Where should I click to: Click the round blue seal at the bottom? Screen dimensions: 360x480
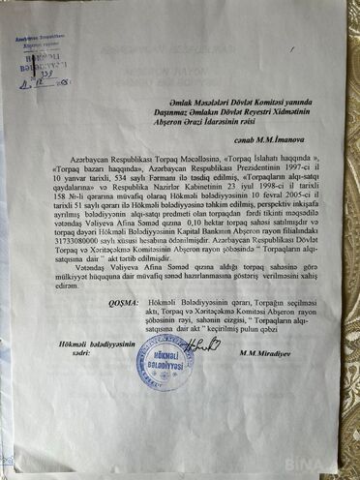tap(162, 362)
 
